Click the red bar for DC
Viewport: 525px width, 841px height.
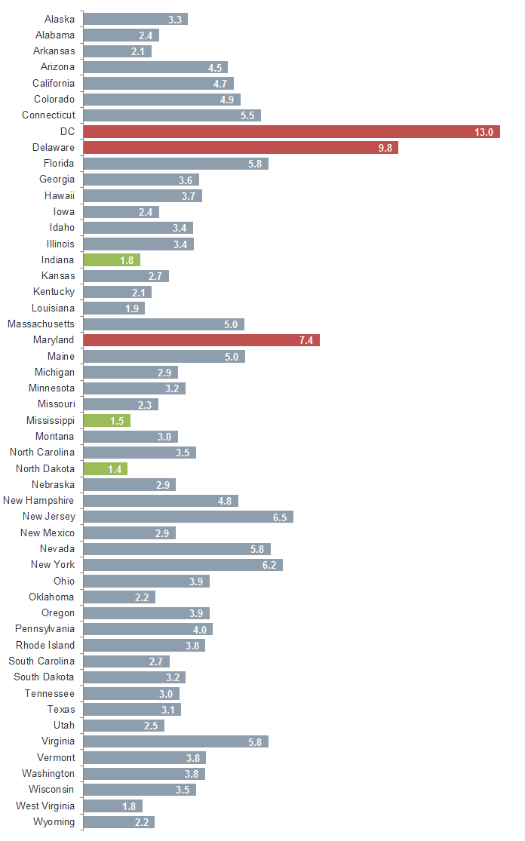pyautogui.click(x=291, y=132)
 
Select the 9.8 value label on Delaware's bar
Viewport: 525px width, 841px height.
pyautogui.click(x=385, y=148)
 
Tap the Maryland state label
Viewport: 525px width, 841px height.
pyautogui.click(x=54, y=340)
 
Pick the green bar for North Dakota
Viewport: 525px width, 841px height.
pyautogui.click(x=105, y=469)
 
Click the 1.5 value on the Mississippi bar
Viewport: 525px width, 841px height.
pyautogui.click(x=117, y=421)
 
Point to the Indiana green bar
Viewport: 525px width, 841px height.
pyautogui.click(x=112, y=260)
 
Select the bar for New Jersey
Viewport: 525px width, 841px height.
pyautogui.click(x=188, y=517)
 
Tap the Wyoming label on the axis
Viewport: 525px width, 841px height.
pyautogui.click(x=54, y=821)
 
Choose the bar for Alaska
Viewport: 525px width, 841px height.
pyautogui.click(x=135, y=19)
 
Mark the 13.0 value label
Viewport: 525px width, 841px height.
pyautogui.click(x=484, y=132)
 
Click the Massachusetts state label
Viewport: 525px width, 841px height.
pyautogui.click(x=41, y=324)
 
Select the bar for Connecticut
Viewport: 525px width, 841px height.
pyautogui.click(x=171, y=115)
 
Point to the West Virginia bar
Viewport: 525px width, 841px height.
pyautogui.click(x=112, y=806)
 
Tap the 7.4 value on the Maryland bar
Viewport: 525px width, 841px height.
pyautogui.click(x=305, y=341)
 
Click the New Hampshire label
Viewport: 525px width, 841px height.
pyautogui.click(x=38, y=501)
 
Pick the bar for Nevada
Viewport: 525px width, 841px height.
pyautogui.click(x=177, y=549)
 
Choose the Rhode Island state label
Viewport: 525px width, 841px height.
pyautogui.click(x=45, y=645)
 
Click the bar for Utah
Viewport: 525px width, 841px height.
pyautogui.click(x=124, y=726)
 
